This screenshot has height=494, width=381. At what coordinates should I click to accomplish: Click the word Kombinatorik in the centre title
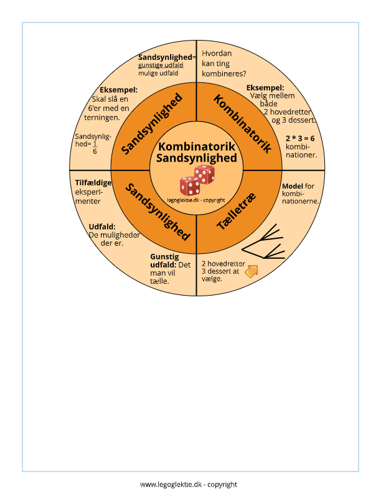pyautogui.click(x=196, y=147)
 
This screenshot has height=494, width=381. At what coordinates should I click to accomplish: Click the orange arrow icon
pyautogui.click(x=251, y=271)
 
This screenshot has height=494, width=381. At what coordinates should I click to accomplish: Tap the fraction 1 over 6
pyautogui.click(x=95, y=147)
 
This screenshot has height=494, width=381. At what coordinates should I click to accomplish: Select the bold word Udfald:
pyautogui.click(x=102, y=226)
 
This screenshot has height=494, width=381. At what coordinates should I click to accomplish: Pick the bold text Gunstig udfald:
pyautogui.click(x=164, y=261)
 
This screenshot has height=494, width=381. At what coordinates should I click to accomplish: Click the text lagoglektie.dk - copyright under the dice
pyautogui.click(x=196, y=200)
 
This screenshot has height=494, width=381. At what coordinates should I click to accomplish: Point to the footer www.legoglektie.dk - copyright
pyautogui.click(x=189, y=484)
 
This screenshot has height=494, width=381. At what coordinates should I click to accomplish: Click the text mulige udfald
pyautogui.click(x=158, y=73)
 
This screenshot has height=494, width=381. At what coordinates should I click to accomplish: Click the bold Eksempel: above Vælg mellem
pyautogui.click(x=265, y=87)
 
